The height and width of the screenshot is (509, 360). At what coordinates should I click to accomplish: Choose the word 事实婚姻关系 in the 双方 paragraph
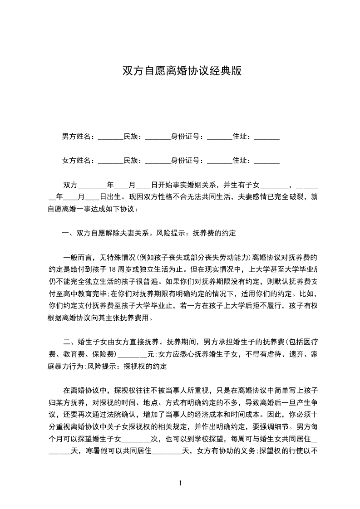(196, 185)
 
